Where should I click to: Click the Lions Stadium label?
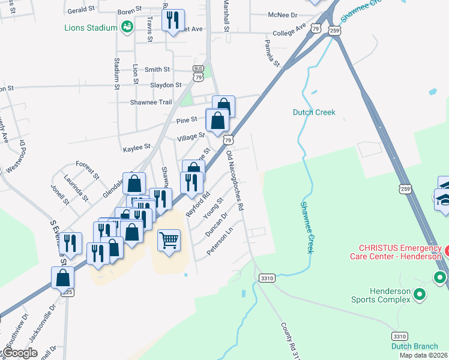91,27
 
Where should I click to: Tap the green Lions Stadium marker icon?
127,26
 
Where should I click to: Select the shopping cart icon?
169,241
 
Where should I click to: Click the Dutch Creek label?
314,112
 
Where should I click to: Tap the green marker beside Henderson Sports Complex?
420,294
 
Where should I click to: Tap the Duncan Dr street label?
217,224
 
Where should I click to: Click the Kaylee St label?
136,147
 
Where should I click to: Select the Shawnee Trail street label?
151,102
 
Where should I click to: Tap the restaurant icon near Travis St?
173,20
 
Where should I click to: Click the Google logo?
20,353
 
